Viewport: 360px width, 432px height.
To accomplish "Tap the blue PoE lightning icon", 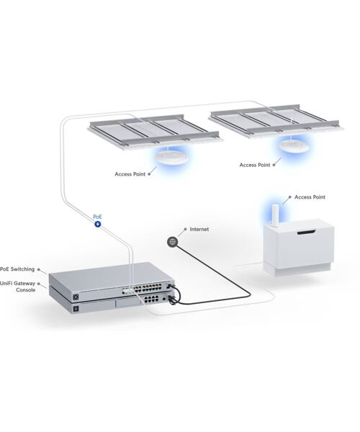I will click(x=99, y=225).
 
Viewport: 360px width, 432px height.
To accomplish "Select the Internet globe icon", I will click(x=172, y=243).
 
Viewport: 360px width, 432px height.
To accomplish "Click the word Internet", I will click(x=199, y=230).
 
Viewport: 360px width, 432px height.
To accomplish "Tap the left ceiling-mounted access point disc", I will click(x=171, y=158).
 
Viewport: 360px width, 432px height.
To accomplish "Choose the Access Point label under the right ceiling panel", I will click(x=255, y=165).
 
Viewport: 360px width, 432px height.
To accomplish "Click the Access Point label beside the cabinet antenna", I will click(x=310, y=197).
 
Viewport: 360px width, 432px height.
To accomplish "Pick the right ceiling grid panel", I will click(x=277, y=119).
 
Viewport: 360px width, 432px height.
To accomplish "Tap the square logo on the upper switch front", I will click(x=75, y=296).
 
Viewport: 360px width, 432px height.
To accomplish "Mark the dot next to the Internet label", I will click(x=184, y=230).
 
